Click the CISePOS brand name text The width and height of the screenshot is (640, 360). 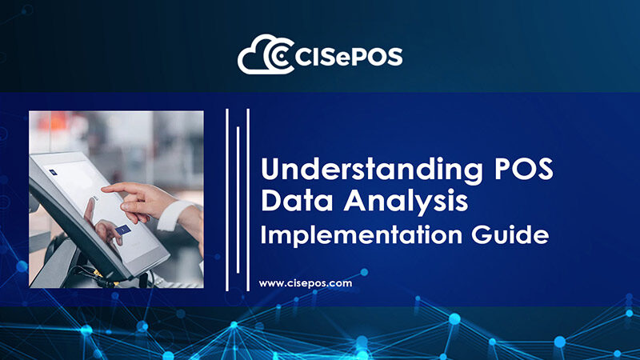tap(348, 57)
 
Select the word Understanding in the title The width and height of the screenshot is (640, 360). tap(372, 170)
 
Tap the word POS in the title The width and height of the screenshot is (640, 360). tap(524, 168)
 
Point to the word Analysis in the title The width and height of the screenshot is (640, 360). tap(406, 202)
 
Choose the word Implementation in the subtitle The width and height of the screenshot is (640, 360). tap(362, 234)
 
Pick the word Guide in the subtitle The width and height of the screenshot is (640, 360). tap(510, 234)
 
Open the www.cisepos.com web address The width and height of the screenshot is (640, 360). tap(306, 283)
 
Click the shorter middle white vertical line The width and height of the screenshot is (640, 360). tap(238, 199)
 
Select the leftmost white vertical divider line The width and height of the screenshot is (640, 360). tap(227, 200)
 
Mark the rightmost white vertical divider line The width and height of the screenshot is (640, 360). tap(248, 200)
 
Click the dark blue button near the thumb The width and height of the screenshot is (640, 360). tap(123, 230)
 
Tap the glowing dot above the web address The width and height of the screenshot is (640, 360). tap(364, 272)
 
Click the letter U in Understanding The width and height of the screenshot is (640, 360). tap(270, 169)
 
